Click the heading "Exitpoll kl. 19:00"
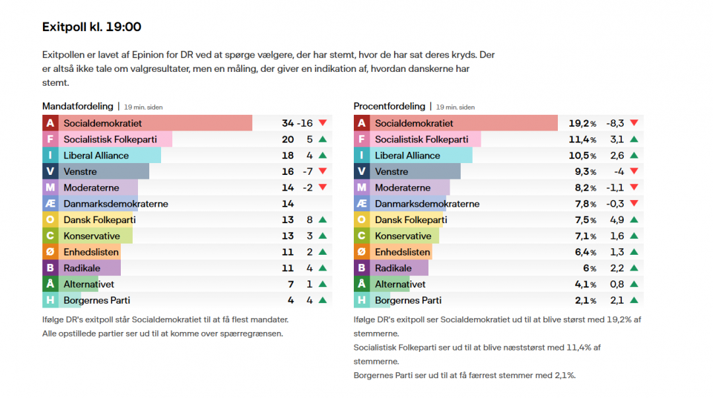coord(91,27)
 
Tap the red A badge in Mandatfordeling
coord(50,123)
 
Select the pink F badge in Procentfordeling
coord(361,139)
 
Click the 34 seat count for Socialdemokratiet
coord(287,123)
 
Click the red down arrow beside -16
coord(322,123)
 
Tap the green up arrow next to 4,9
coord(634,220)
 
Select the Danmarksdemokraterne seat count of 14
coord(287,204)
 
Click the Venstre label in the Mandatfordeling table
coord(80,172)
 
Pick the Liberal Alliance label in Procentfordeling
coord(407,156)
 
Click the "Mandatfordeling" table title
coord(77,106)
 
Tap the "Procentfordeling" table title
coord(390,106)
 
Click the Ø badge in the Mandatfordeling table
coord(50,252)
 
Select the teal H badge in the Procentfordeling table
coord(361,300)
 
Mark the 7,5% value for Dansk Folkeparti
coord(582,220)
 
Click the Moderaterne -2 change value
coord(307,188)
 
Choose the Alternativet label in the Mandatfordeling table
coord(88,284)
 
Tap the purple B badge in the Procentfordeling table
coord(361,268)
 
